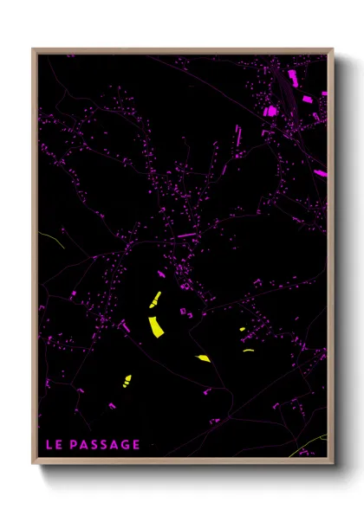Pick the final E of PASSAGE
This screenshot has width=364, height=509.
point(136,445)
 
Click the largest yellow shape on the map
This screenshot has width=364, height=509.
point(156,326)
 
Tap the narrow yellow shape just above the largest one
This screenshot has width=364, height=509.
point(155,300)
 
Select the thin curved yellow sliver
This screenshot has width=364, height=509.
point(249,351)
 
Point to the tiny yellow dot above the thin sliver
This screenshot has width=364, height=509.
point(242,330)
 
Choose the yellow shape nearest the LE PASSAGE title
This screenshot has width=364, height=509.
point(127,380)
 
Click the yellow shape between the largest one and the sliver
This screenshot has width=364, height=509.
point(203,358)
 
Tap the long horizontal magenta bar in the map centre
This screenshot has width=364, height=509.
point(187,235)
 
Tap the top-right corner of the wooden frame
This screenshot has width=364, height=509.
point(332,50)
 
